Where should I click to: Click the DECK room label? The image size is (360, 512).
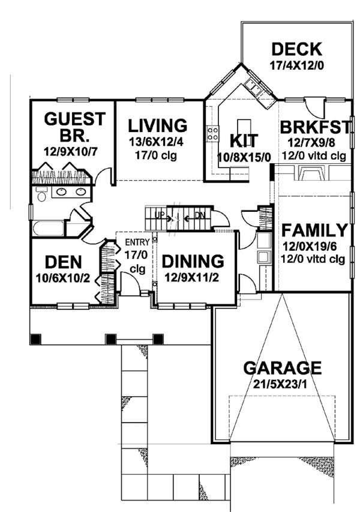click(x=296, y=49)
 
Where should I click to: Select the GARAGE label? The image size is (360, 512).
click(x=281, y=367)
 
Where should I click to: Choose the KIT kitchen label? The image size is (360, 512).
click(x=244, y=142)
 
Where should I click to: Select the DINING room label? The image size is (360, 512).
click(x=193, y=262)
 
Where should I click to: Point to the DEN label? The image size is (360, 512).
click(x=64, y=263)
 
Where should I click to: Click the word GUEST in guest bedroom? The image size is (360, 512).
click(x=75, y=118)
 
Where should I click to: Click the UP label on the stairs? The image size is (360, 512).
click(x=158, y=214)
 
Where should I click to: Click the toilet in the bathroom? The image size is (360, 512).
click(x=41, y=195)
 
